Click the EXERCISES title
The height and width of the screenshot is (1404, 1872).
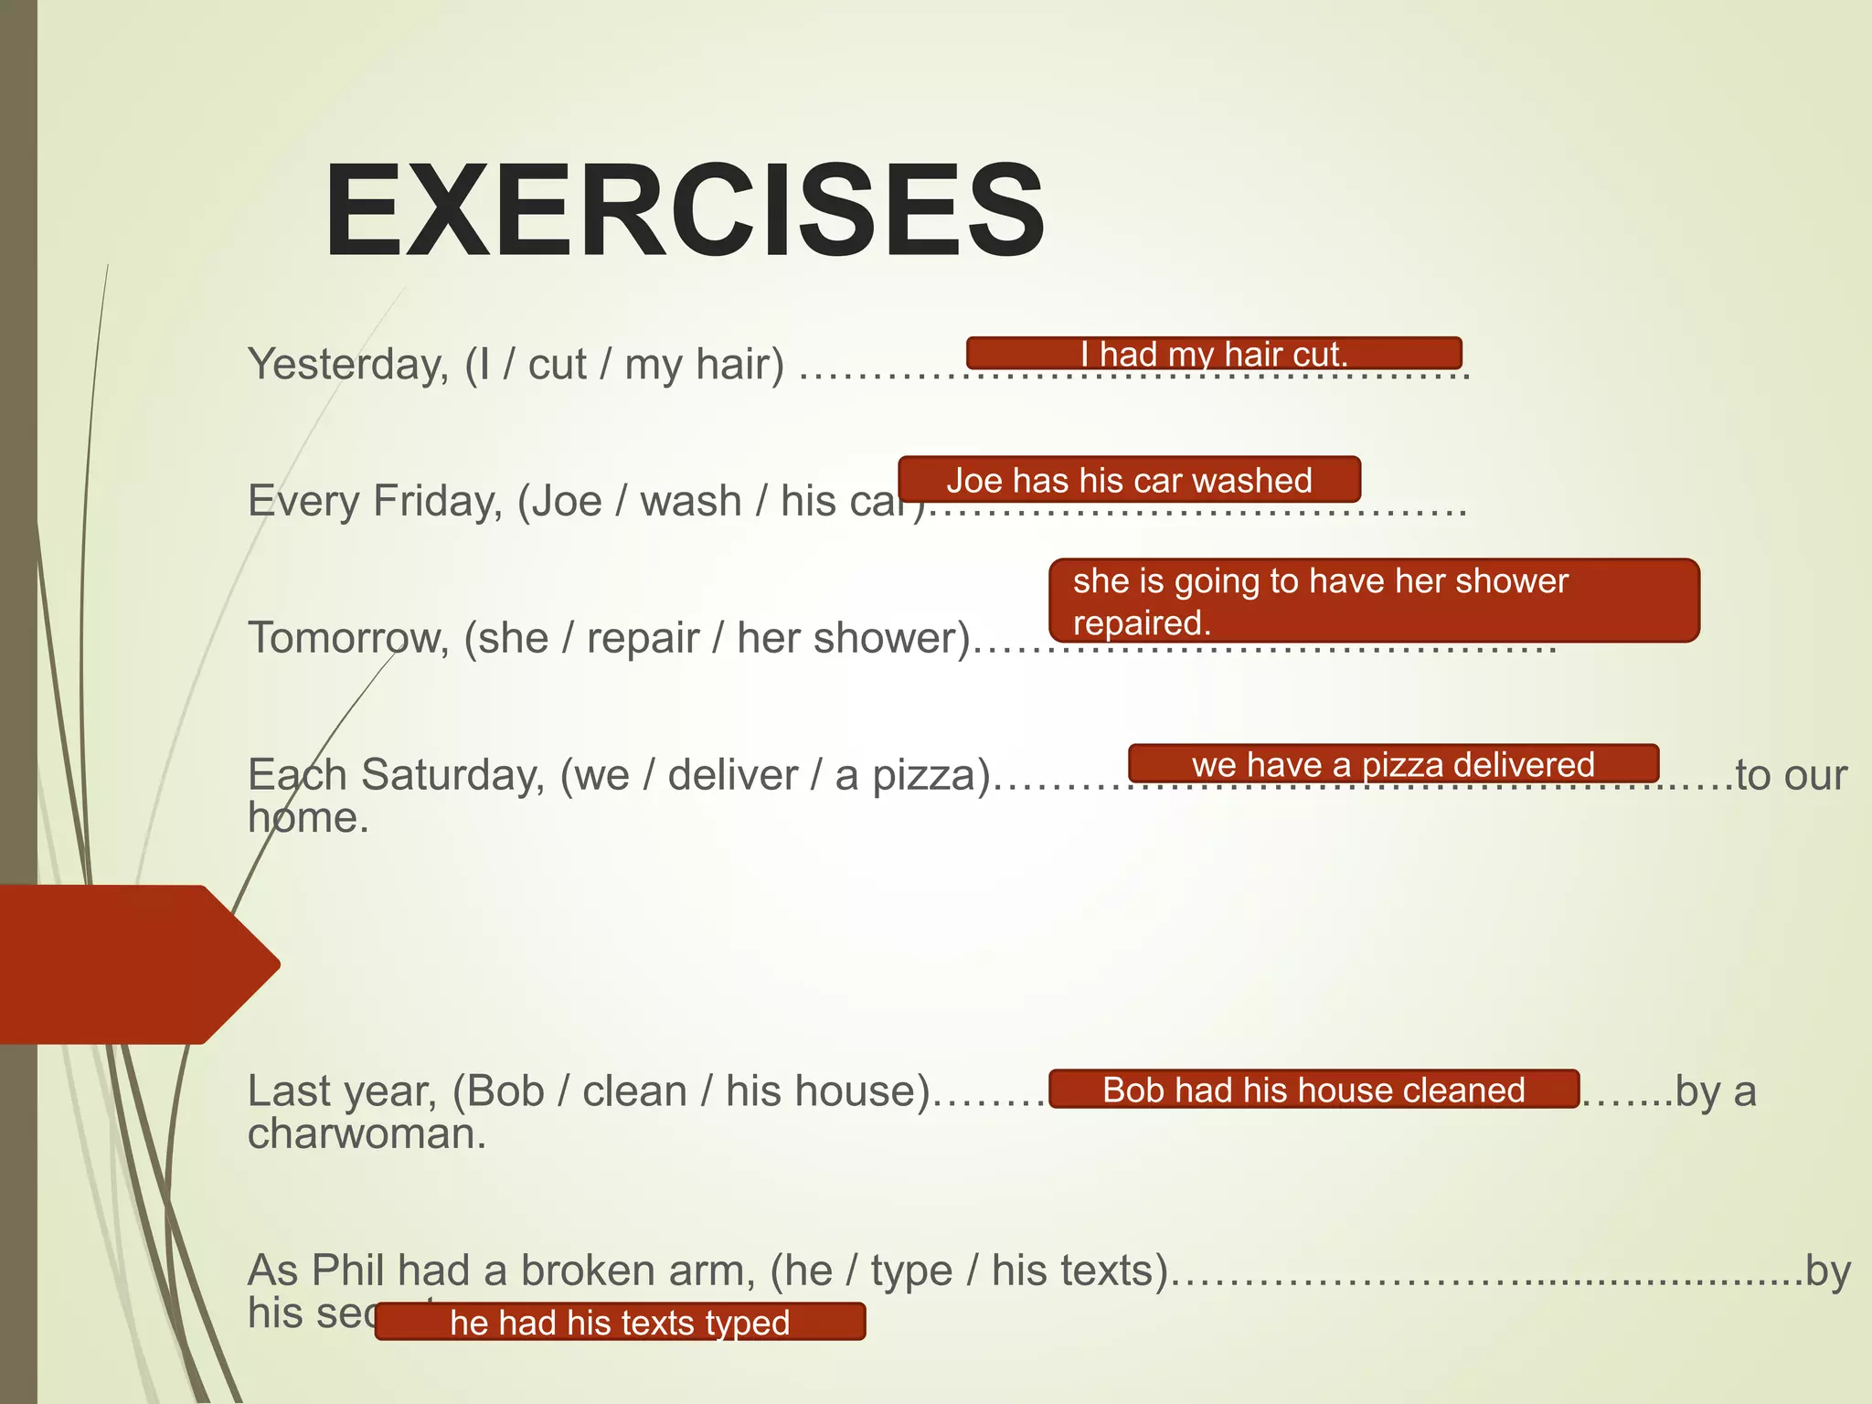[684, 211]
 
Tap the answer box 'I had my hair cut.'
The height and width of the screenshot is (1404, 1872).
[1214, 354]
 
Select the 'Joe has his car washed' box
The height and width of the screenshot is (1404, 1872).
[1129, 480]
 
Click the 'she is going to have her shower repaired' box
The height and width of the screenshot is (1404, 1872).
[1373, 601]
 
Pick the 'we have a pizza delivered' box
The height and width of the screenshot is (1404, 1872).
[1393, 764]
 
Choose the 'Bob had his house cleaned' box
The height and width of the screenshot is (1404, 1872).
[1314, 1090]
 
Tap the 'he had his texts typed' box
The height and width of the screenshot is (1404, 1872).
[620, 1322]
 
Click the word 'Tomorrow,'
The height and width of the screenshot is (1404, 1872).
[348, 638]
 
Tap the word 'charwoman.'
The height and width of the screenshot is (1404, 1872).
[367, 1134]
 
